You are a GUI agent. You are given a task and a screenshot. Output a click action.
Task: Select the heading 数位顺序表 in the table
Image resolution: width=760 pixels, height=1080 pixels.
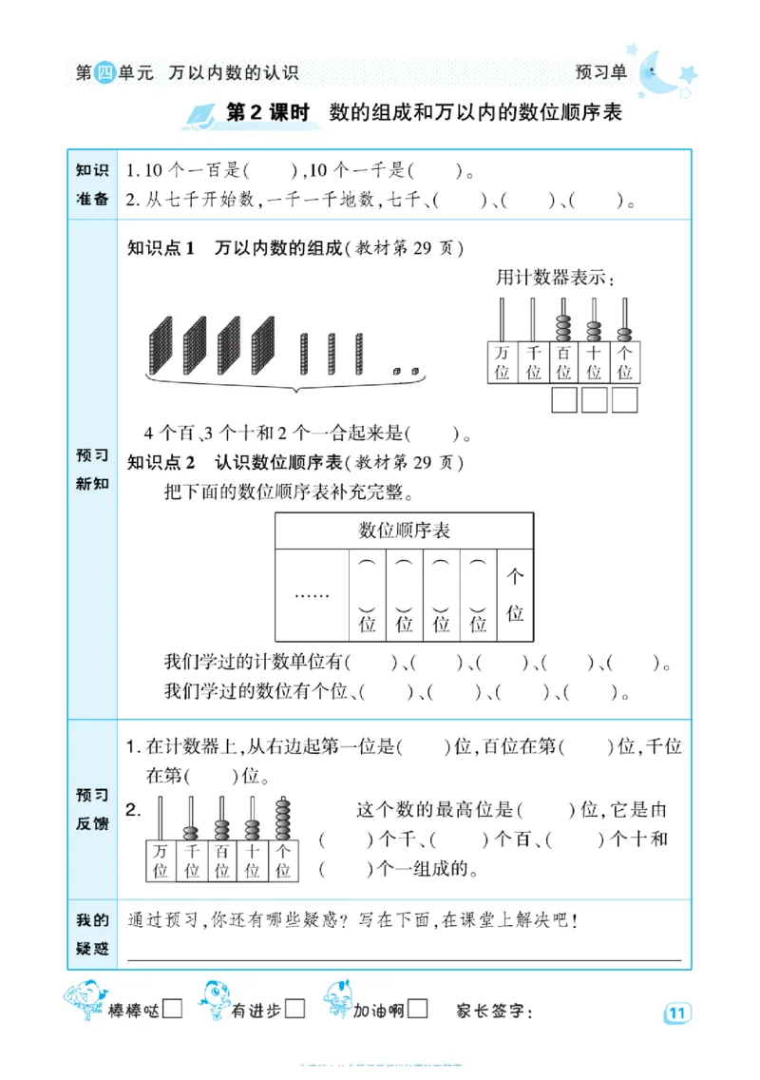point(404,530)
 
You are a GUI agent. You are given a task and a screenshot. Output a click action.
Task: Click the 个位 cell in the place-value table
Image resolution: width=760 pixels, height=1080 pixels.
point(515,595)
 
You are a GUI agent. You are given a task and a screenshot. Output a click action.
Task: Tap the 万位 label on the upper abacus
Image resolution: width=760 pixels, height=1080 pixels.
point(502,362)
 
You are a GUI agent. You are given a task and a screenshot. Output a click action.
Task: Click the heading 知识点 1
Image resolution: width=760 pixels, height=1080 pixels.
point(161,249)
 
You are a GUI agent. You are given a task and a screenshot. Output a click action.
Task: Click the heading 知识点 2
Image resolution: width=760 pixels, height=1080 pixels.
point(161,463)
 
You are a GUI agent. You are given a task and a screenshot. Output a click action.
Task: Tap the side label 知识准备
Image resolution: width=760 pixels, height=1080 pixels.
point(92,184)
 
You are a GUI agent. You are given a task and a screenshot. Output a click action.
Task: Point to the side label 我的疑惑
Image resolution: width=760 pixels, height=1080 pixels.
point(92,934)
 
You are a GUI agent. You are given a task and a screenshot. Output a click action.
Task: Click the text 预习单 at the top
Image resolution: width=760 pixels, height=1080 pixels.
point(601,72)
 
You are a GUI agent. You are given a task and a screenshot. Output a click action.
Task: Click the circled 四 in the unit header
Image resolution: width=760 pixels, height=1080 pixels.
point(105,73)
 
